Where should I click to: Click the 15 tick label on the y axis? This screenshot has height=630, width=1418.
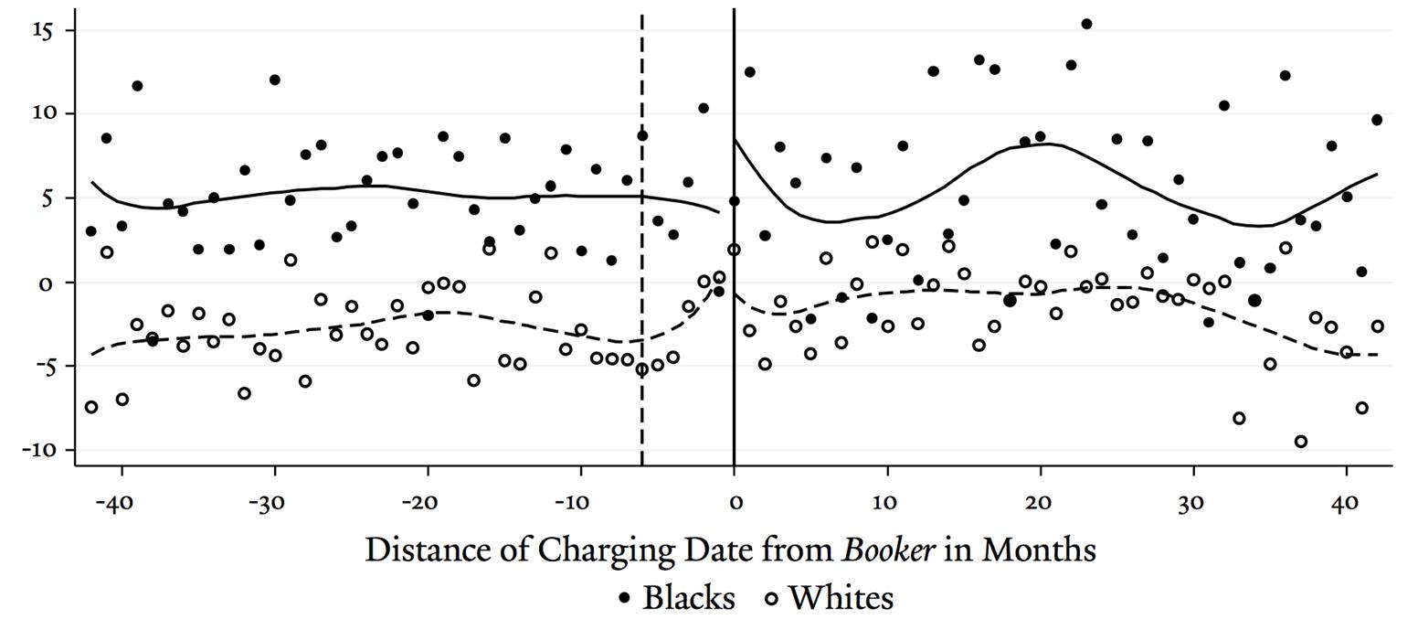click(x=43, y=30)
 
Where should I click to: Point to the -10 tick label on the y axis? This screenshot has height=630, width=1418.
click(x=38, y=450)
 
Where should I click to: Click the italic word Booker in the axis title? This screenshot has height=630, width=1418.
click(x=889, y=550)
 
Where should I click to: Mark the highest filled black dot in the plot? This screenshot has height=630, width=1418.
click(x=1086, y=24)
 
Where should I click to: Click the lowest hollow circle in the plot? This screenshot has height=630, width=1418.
click(x=1301, y=442)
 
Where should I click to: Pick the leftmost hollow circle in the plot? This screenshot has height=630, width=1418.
click(x=91, y=407)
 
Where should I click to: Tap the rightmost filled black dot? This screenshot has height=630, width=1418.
click(x=1377, y=120)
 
